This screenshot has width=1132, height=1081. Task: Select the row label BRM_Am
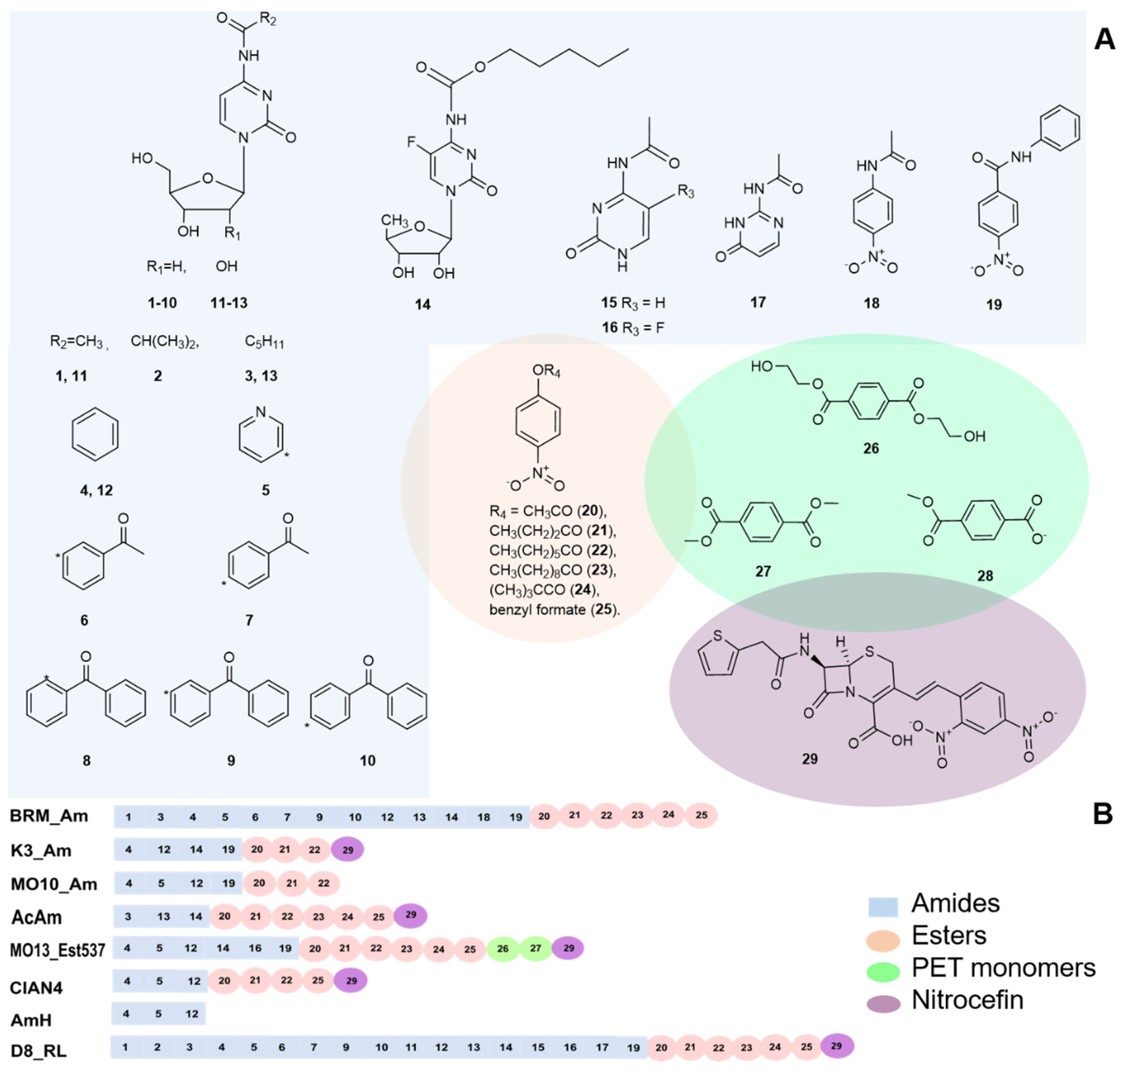coord(49,816)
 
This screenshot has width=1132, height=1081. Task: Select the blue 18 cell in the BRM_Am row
coord(483,817)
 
